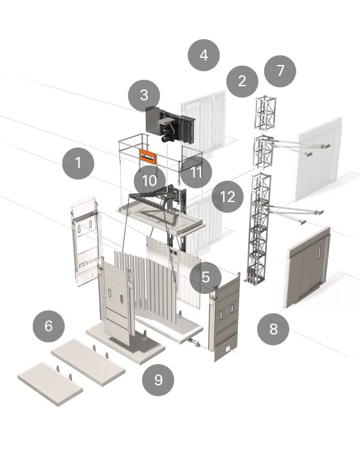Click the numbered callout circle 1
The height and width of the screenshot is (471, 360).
point(78,163)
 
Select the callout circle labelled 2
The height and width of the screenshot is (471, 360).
point(242,81)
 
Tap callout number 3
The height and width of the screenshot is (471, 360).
point(144,96)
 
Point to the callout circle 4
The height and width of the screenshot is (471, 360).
point(204,55)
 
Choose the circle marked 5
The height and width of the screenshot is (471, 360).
point(206,277)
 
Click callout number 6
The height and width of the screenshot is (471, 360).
point(49,326)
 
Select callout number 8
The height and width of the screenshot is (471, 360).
point(273,329)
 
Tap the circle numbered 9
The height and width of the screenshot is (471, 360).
point(158,380)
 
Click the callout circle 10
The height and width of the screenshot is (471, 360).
point(149,180)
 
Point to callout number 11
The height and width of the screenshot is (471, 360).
point(196,172)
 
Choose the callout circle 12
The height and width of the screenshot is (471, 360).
point(228,197)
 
